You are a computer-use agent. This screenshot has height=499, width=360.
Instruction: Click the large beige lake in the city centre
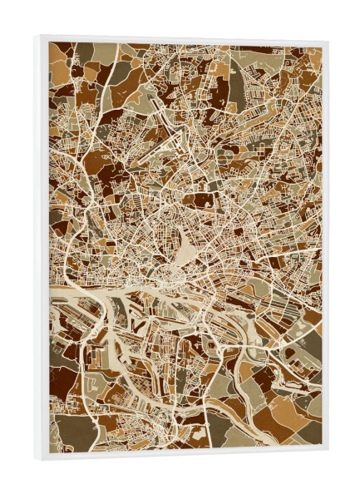point(186,246)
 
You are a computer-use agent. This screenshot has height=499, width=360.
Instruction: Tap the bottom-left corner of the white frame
point(37,459)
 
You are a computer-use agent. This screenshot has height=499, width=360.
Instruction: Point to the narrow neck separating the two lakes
point(178,261)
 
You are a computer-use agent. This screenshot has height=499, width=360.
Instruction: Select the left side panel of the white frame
point(42,249)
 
